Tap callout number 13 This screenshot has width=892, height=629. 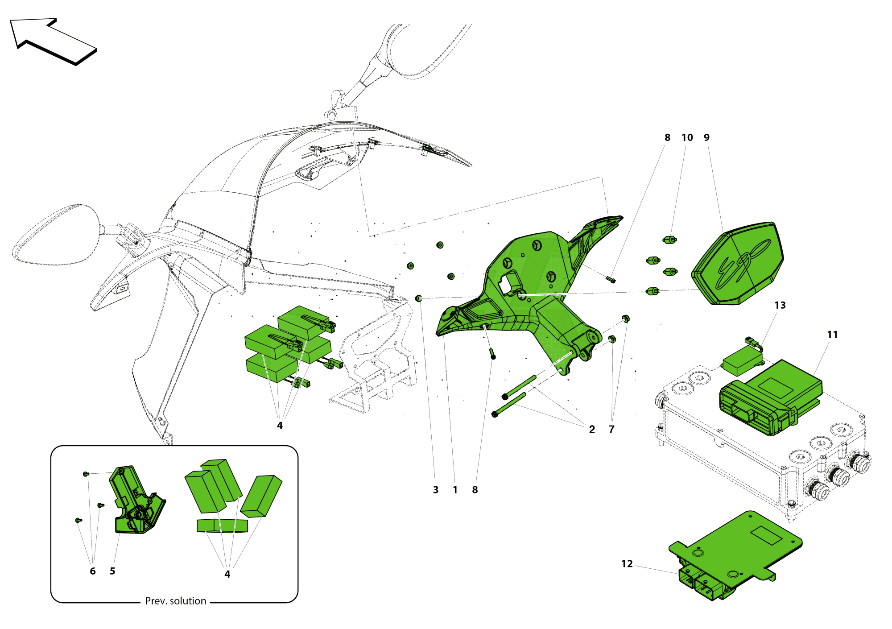click(780, 305)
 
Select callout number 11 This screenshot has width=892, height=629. click(832, 335)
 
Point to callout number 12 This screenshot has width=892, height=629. click(627, 564)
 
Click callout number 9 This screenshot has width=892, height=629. click(706, 137)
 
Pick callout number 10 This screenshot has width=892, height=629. click(687, 137)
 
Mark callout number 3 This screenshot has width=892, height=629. click(435, 490)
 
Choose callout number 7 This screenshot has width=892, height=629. click(611, 429)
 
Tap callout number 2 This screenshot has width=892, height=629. click(591, 429)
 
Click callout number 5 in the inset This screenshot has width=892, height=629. click(112, 571)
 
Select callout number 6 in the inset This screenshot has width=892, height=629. click(93, 571)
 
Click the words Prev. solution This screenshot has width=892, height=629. click(176, 601)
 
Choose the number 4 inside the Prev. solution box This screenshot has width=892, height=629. click(227, 574)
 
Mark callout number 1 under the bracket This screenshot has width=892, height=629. click(455, 490)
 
